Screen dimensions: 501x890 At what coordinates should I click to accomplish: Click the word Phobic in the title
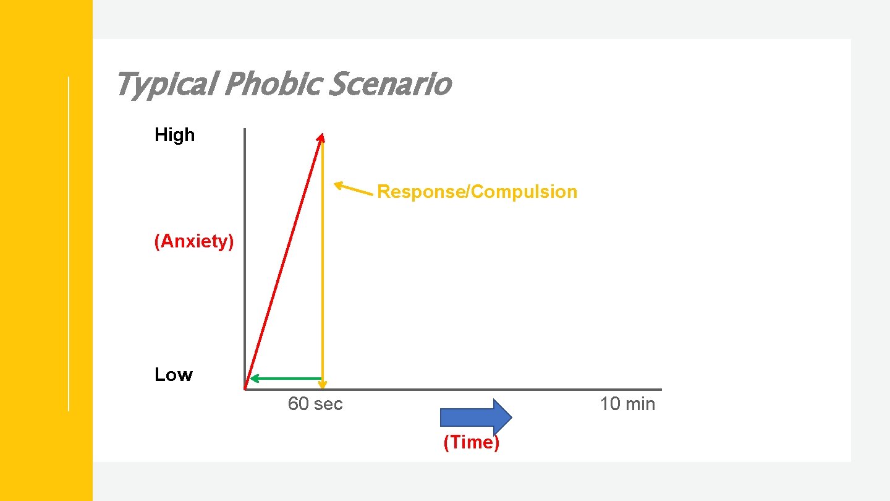point(271,84)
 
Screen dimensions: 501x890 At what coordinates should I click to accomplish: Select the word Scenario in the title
point(389,84)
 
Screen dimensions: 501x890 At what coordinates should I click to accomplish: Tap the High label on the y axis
point(174,135)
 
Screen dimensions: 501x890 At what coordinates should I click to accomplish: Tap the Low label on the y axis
point(174,375)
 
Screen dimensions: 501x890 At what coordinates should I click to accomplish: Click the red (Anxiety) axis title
point(194,241)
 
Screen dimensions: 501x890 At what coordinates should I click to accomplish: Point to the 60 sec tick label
point(315,404)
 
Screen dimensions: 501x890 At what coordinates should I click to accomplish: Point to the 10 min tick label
point(627,404)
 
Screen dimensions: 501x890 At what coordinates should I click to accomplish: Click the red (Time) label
point(471,443)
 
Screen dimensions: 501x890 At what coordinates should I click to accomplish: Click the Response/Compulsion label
point(477,192)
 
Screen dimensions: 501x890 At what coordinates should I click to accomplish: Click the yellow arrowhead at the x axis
point(323,385)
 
